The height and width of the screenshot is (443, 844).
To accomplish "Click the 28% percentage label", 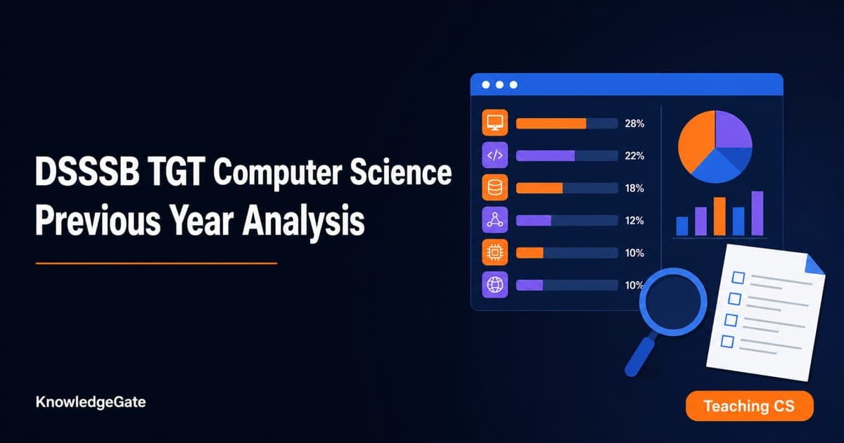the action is click(x=634, y=124).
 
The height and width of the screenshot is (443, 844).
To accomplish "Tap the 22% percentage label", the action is click(x=634, y=156).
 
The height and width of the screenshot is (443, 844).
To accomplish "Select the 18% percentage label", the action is click(x=634, y=188).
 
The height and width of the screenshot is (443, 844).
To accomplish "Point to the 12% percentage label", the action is click(x=634, y=221).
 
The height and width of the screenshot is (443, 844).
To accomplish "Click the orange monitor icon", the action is click(x=494, y=123).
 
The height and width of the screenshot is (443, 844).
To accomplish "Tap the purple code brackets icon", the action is click(x=494, y=155).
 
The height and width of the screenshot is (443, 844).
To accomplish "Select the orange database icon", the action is click(x=494, y=188).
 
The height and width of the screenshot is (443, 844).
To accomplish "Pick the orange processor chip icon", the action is click(x=494, y=252).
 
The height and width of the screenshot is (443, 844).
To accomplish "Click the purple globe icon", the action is click(x=494, y=285).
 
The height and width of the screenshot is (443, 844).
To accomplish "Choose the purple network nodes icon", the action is click(x=494, y=220).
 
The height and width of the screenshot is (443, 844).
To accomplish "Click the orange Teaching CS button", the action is click(x=750, y=406).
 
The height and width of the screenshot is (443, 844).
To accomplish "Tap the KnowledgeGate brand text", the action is click(x=91, y=402).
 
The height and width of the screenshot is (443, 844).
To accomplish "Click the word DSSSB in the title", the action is click(x=87, y=172).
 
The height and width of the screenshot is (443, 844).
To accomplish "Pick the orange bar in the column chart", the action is click(x=720, y=217).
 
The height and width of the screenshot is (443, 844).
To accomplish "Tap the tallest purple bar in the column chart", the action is click(x=757, y=214).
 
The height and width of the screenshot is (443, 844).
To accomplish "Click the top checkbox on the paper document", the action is click(x=738, y=278).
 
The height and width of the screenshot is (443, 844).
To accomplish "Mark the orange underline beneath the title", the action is click(x=156, y=264).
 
